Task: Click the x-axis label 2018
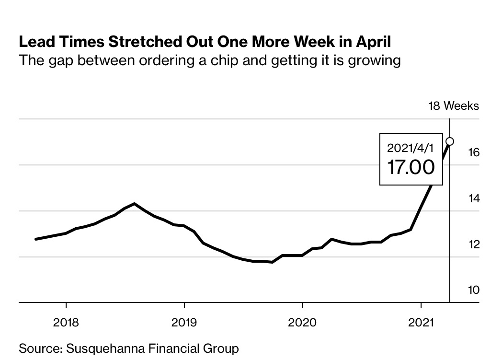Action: pos(66,322)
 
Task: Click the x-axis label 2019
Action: pos(184,322)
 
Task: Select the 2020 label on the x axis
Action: pos(302,322)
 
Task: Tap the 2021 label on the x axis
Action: pos(421,322)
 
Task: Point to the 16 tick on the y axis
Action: pos(473,152)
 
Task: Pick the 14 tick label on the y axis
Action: pos(473,198)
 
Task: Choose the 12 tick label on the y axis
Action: pos(473,244)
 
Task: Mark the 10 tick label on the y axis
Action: pos(473,290)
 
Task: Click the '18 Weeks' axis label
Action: pos(453,106)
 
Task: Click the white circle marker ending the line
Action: pos(450,141)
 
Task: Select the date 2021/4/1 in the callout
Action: pos(411,148)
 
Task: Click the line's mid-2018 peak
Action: pos(135,204)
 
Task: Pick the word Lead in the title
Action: pos(34,42)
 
